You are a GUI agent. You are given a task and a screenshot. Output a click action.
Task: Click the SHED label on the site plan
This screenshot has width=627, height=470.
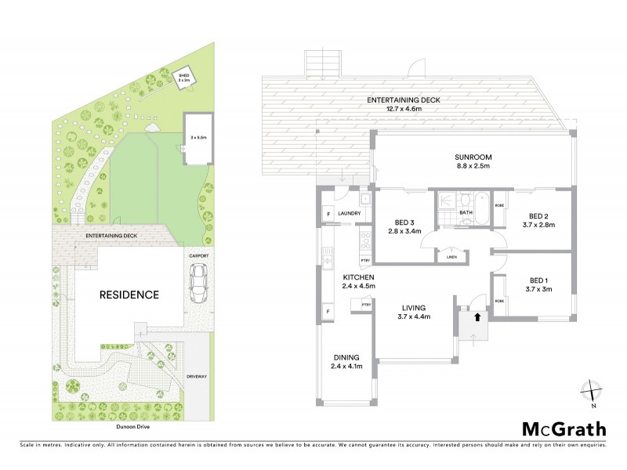point(183,74)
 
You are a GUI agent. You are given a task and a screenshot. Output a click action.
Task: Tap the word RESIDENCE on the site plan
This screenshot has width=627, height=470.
point(129,295)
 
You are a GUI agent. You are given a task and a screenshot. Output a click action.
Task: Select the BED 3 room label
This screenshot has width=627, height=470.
point(400,222)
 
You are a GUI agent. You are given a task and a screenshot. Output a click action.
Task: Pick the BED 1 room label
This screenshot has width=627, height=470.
point(537,280)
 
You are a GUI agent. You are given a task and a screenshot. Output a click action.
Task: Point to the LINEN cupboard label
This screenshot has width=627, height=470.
point(451,257)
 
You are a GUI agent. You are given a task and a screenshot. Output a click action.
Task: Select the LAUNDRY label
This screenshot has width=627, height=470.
point(348,213)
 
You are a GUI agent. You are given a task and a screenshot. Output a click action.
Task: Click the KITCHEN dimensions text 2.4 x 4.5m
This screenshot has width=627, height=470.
point(359,287)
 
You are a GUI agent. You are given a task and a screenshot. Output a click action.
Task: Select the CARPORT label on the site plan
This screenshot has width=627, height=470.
point(198,255)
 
